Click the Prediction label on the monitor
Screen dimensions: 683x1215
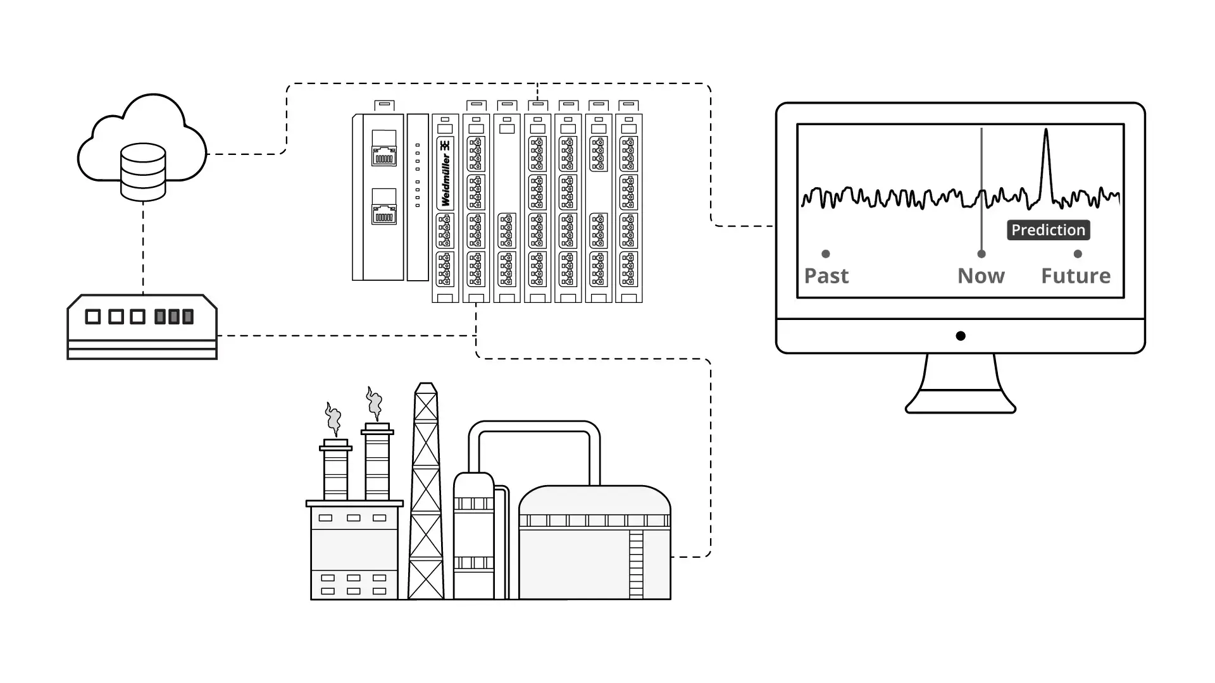point(1048,230)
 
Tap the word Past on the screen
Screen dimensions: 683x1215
point(826,276)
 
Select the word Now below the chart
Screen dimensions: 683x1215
point(981,276)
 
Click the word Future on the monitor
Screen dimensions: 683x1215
point(1076,276)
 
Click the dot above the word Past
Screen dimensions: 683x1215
point(826,254)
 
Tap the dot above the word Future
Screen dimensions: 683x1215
point(1078,254)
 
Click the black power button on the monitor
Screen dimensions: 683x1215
point(961,336)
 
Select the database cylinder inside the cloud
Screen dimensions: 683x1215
point(143,171)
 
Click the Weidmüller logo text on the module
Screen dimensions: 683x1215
point(445,173)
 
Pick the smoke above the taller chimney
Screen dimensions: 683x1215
point(374,403)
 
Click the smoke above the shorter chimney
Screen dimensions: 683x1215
point(333,417)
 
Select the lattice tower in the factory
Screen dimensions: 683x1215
point(426,493)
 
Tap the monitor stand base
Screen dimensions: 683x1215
point(961,405)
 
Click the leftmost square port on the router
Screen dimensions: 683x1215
point(93,317)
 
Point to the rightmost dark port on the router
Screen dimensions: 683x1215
point(188,317)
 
